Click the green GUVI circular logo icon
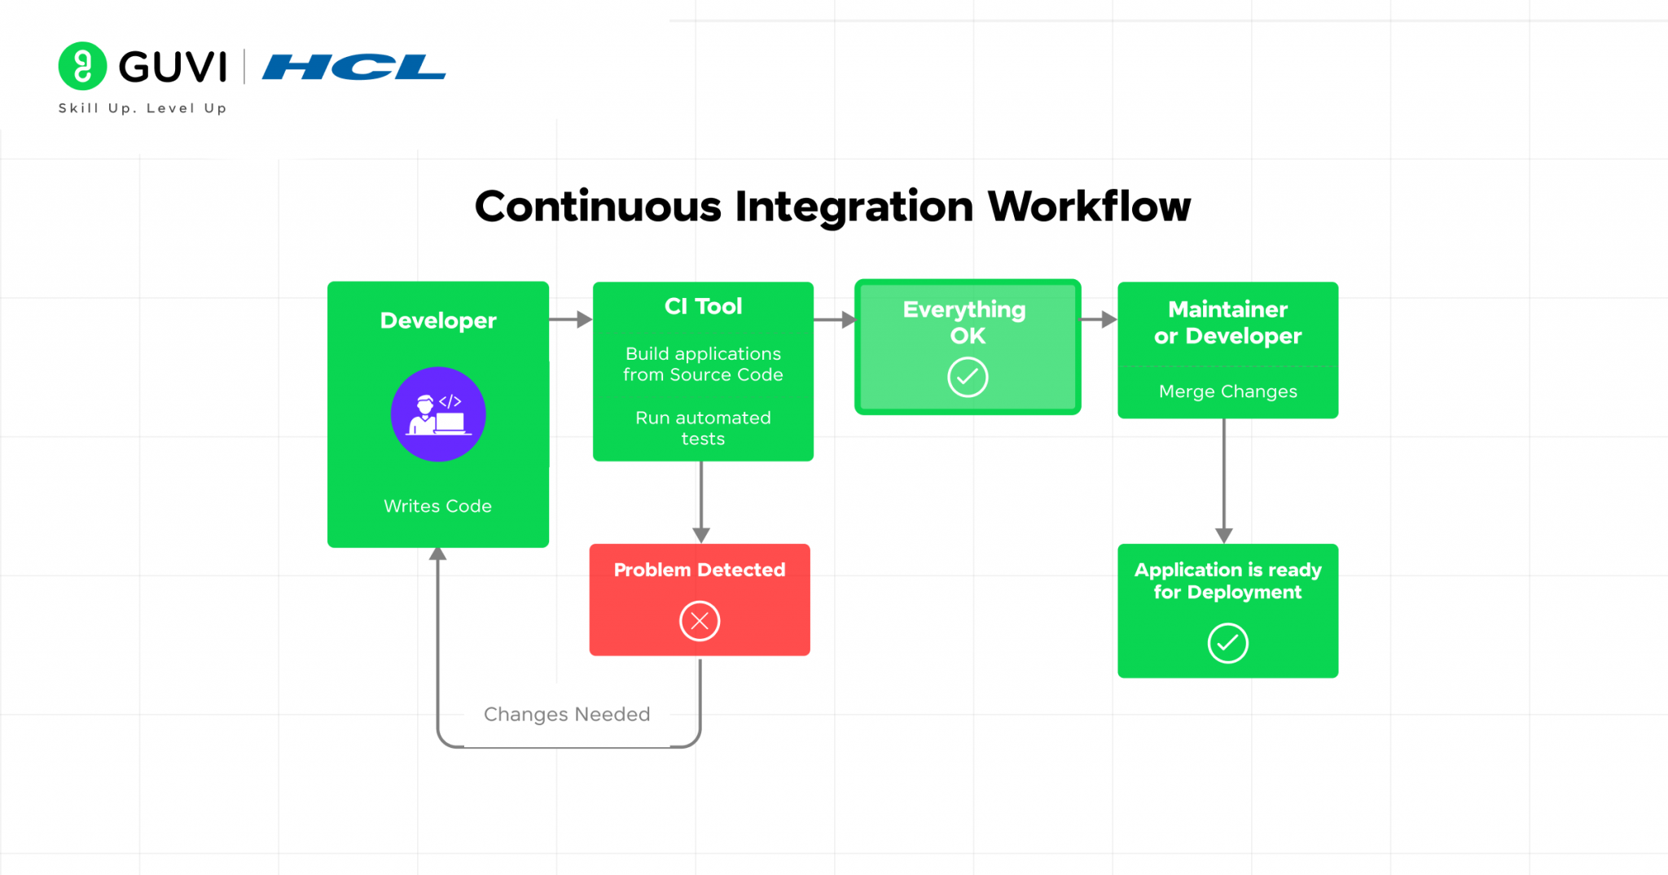tap(82, 66)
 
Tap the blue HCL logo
tap(353, 67)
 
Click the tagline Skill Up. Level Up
tap(143, 108)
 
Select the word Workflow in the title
tap(1089, 207)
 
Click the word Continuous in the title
tap(598, 207)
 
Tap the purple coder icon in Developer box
tap(438, 414)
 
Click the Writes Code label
tap(438, 506)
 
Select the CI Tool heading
tap(703, 306)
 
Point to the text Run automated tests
tap(703, 428)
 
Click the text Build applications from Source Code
tap(703, 364)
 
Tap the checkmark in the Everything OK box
tap(968, 377)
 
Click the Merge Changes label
tap(1227, 392)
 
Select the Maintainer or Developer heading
tap(1227, 322)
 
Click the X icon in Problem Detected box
tap(700, 621)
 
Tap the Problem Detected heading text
tap(700, 570)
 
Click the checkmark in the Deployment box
tap(1227, 643)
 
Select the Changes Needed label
tap(567, 714)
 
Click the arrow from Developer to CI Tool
tap(570, 320)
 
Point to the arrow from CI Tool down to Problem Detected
tap(701, 501)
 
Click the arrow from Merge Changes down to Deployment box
tap(1223, 480)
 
